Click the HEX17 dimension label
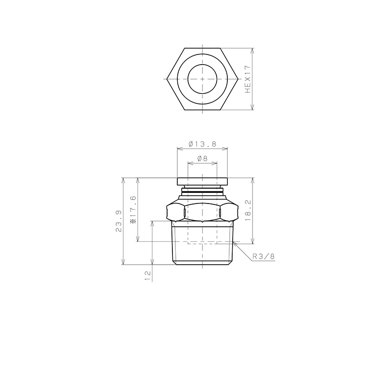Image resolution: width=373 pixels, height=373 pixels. pos(248,79)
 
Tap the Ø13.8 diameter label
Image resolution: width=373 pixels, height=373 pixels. pos(203,144)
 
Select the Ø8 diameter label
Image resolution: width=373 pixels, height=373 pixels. pos(203,158)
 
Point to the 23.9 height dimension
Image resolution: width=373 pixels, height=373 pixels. pos(119,221)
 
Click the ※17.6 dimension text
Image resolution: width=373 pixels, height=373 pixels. pos(133,210)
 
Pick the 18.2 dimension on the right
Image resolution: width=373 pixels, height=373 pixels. pos(248,210)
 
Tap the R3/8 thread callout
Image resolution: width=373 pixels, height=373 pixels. pos(263,256)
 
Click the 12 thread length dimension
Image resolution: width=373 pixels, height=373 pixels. pos(148,276)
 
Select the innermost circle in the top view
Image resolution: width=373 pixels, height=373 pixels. pos(203,79)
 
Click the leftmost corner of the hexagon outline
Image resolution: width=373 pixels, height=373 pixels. pos(167,79)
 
